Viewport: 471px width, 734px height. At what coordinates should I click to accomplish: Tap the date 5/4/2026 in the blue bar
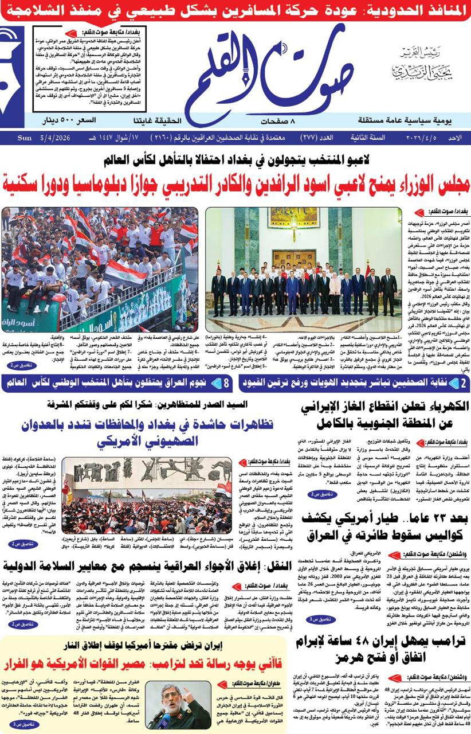(x=56, y=138)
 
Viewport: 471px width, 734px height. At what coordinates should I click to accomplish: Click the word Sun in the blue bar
(x=25, y=138)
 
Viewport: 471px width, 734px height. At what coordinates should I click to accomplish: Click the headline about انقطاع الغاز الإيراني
(x=385, y=415)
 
